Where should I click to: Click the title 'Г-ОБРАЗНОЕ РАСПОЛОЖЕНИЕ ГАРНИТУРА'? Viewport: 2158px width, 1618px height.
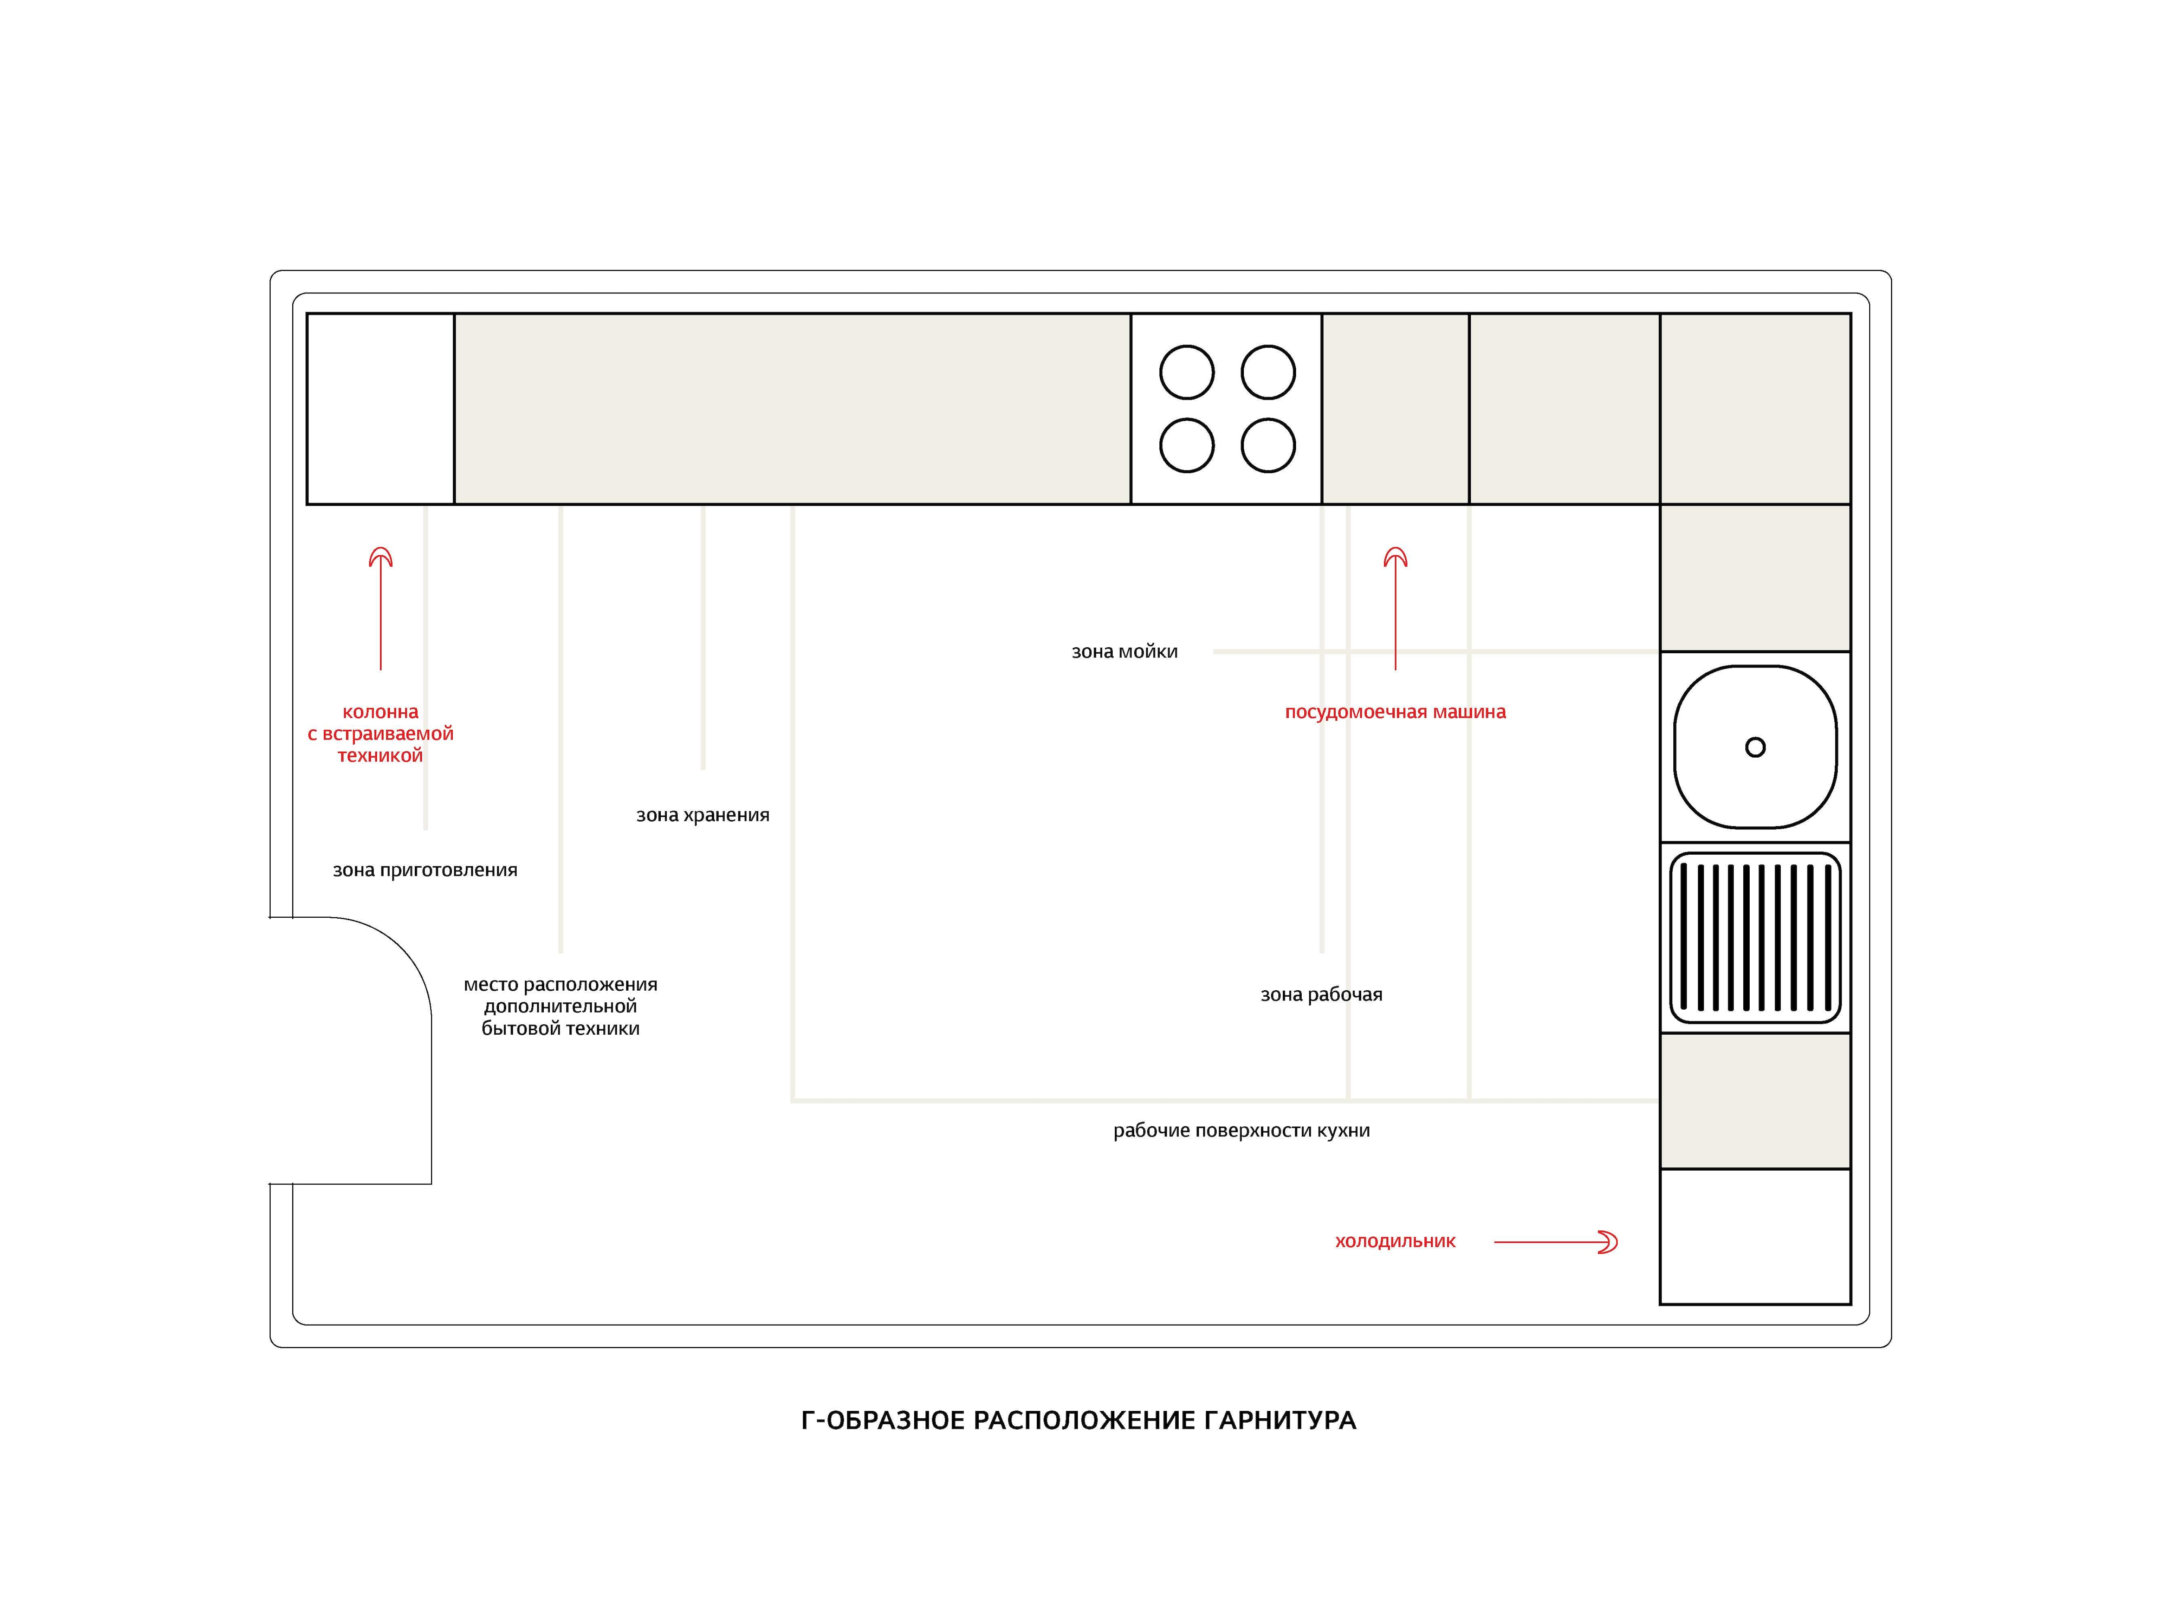pyautogui.click(x=1078, y=1420)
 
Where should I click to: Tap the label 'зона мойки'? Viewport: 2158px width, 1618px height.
pyautogui.click(x=1125, y=652)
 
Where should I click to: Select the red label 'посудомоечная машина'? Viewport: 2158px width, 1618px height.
pyautogui.click(x=1395, y=712)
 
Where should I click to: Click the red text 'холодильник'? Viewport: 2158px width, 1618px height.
pyautogui.click(x=1395, y=1241)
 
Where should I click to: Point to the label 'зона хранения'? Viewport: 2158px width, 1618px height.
pyautogui.click(x=702, y=815)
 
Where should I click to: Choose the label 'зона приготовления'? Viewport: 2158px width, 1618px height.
pyautogui.click(x=426, y=870)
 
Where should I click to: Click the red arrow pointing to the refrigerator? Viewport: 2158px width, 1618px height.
pyautogui.click(x=1556, y=1241)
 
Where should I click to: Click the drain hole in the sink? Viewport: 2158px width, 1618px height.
pyautogui.click(x=1755, y=747)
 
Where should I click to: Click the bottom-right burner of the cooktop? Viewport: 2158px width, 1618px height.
pyautogui.click(x=1268, y=446)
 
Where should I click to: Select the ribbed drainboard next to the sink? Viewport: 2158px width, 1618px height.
pyautogui.click(x=1755, y=937)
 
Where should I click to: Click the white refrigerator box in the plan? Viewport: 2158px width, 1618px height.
pyautogui.click(x=1755, y=1237)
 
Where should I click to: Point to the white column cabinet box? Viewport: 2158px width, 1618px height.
pyautogui.click(x=381, y=409)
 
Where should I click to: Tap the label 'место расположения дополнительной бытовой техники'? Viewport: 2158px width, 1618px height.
pyautogui.click(x=561, y=1007)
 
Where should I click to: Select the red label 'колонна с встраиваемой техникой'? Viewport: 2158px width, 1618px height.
pyautogui.click(x=381, y=733)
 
